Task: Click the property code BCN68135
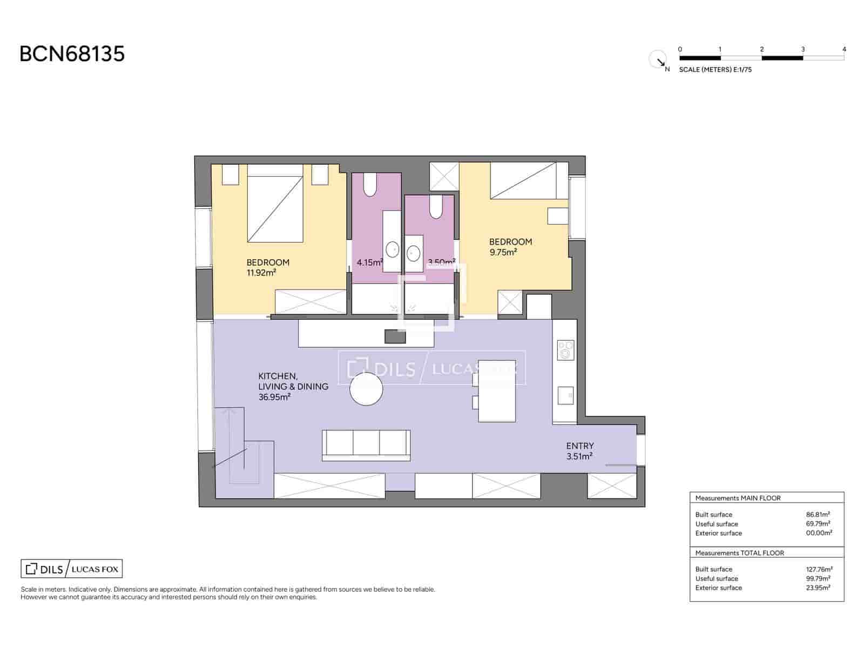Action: point(72,54)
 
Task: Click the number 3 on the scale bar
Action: point(802,49)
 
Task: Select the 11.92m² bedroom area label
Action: point(261,273)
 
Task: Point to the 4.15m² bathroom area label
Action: point(369,263)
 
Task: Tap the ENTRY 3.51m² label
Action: point(579,451)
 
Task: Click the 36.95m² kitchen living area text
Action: point(274,397)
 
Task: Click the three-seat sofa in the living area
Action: point(366,445)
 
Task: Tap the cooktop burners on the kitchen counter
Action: point(565,350)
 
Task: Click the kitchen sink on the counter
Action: point(565,395)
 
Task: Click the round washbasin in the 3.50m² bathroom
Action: point(414,253)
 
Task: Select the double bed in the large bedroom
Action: point(275,204)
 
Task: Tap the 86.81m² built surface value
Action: point(818,515)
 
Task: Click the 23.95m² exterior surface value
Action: point(818,588)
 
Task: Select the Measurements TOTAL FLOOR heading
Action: point(739,553)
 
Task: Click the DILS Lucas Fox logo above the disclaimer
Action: point(72,569)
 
